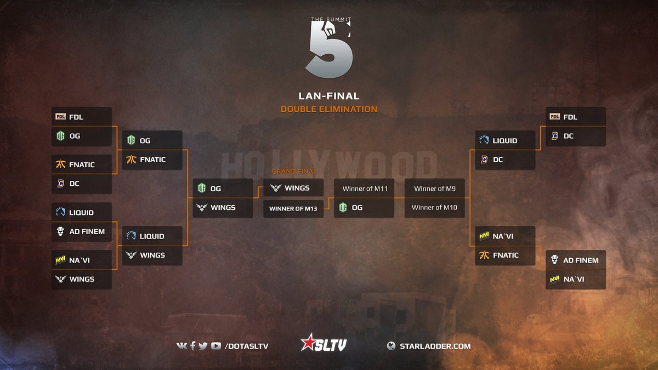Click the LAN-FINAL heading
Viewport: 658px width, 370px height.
(x=328, y=96)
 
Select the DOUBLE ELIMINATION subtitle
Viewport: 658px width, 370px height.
(x=328, y=109)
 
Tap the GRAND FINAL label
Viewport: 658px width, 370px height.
(x=294, y=172)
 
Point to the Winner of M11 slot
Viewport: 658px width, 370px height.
(x=365, y=189)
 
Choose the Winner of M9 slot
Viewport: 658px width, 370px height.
(x=434, y=189)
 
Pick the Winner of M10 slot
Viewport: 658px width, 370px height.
(x=434, y=207)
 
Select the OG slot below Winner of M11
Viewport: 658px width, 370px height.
(x=365, y=207)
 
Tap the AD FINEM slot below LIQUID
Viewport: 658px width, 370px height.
(x=82, y=231)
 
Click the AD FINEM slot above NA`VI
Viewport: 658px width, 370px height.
(x=576, y=260)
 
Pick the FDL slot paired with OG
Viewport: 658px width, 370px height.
(x=82, y=117)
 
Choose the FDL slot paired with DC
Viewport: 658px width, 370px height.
(x=576, y=117)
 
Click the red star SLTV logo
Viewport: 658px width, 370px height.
(x=324, y=345)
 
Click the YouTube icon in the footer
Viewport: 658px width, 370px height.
(x=216, y=346)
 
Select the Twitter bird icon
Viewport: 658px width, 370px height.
(x=203, y=346)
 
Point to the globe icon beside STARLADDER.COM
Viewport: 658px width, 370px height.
(x=391, y=346)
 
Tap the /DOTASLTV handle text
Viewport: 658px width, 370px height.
(x=246, y=346)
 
